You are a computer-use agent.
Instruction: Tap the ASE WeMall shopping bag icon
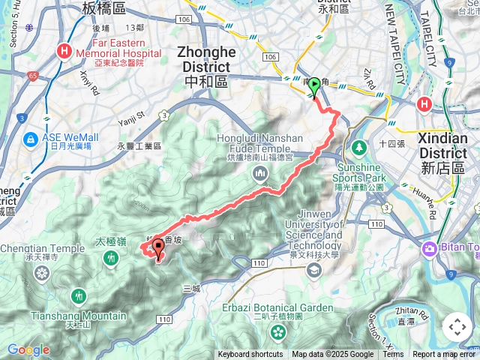[31, 139]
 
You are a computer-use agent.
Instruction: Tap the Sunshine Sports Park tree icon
[358, 146]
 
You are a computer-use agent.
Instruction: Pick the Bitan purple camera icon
[430, 248]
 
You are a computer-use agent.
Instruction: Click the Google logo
[28, 349]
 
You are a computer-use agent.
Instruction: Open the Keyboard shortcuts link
[250, 355]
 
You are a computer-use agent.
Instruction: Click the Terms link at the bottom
[393, 355]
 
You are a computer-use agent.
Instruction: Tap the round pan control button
[457, 327]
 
